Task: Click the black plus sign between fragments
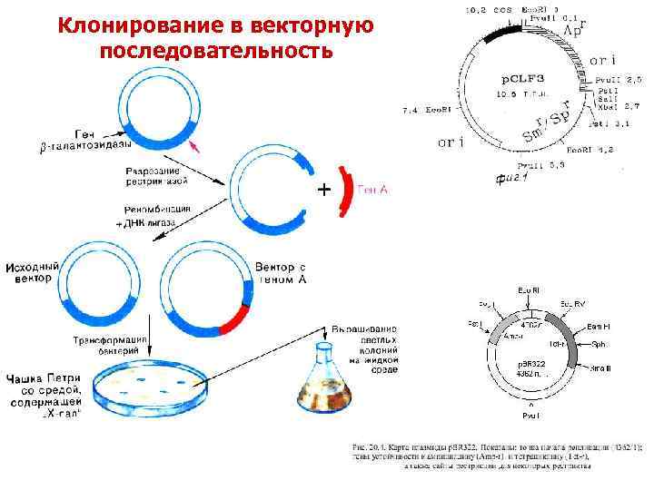[x=322, y=191]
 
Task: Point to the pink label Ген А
[x=374, y=190]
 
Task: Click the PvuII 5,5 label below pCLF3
[x=542, y=166]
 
